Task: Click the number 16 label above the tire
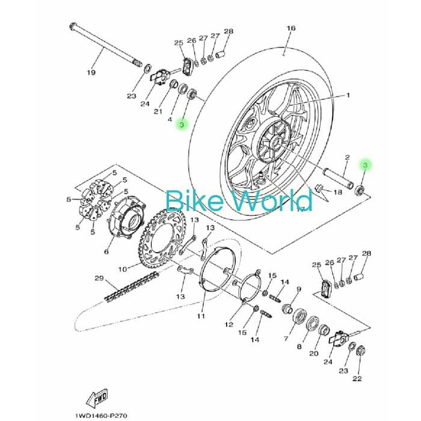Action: pos(291,28)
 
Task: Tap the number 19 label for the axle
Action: pos(91,73)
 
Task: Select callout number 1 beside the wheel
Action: pos(347,95)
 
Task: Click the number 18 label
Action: pos(337,192)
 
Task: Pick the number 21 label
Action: pos(158,112)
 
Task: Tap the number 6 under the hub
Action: pos(106,251)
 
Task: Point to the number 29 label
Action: pos(99,277)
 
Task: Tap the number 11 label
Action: pos(201,316)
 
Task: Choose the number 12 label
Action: pos(229,324)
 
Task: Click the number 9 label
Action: pos(298,289)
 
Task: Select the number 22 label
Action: pos(357,378)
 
